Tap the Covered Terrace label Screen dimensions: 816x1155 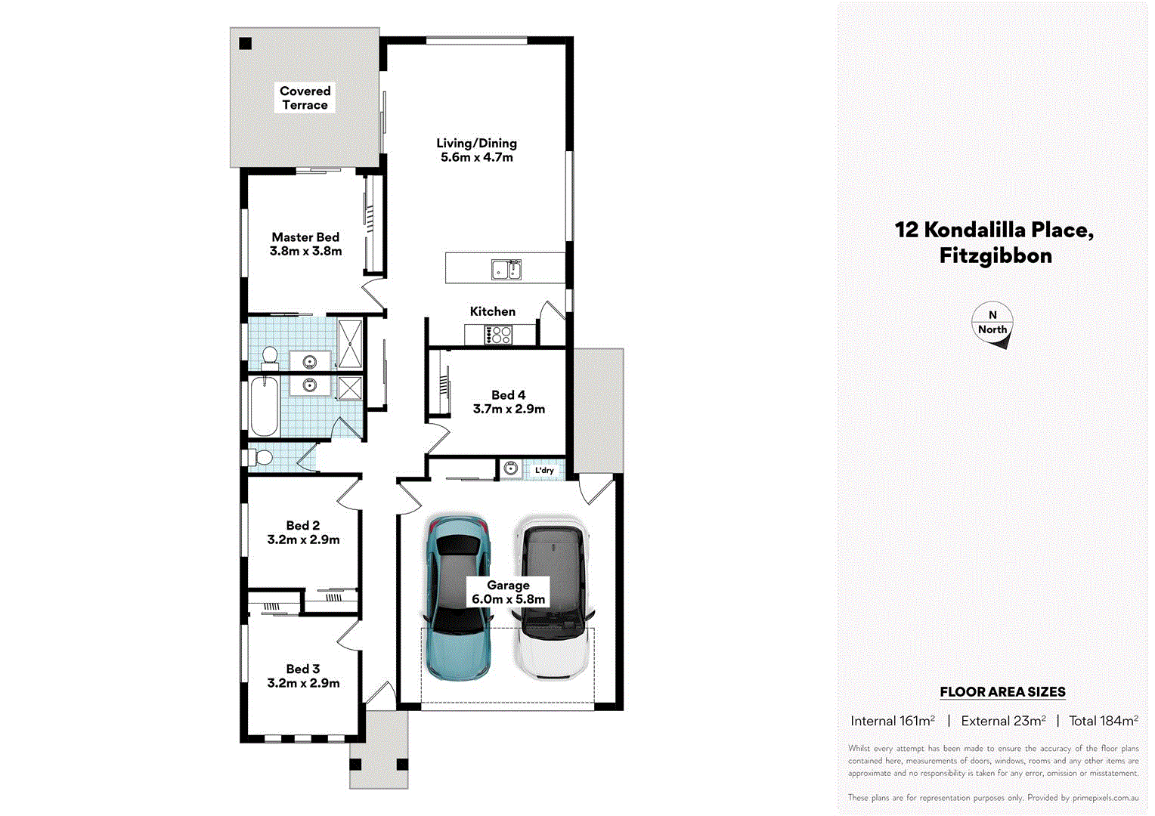pos(305,97)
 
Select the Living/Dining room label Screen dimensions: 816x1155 pos(476,144)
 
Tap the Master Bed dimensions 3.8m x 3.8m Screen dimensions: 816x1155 pos(305,252)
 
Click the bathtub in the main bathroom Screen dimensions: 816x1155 pos(264,406)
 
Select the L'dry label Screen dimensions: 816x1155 pos(544,470)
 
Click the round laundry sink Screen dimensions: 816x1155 pos(510,469)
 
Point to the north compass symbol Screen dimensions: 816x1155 pos(992,325)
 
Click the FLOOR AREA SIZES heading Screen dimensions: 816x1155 pos(1002,692)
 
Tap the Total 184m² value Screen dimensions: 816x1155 pos(1103,721)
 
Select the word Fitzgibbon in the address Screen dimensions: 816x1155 pos(996,256)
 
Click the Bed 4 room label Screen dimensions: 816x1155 pos(508,395)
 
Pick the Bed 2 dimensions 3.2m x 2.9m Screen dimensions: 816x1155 pos(303,540)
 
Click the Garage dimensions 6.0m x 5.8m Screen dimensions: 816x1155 pos(508,600)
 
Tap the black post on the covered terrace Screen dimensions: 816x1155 pos(245,43)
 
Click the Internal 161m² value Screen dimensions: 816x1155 pos(892,721)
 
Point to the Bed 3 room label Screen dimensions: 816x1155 pos(302,669)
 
